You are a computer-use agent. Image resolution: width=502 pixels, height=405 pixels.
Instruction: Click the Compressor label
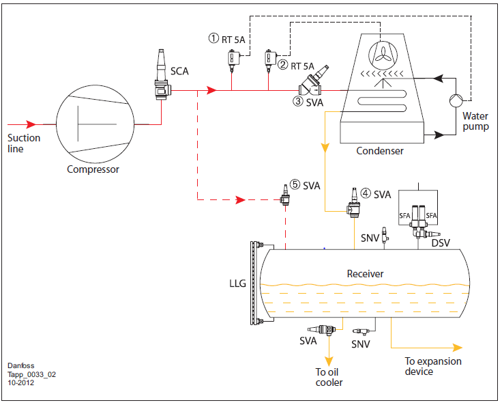[93, 169]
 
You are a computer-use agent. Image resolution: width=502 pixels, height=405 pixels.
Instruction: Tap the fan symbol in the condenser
[383, 55]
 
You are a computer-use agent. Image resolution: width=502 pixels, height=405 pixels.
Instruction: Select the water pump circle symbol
[456, 100]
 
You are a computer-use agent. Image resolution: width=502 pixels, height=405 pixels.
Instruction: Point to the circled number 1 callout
[213, 38]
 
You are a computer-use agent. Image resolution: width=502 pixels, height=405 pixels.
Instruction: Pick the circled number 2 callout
[282, 65]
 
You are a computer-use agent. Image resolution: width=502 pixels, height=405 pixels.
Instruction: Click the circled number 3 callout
[298, 101]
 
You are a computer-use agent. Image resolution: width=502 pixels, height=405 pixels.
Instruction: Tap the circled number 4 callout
[366, 193]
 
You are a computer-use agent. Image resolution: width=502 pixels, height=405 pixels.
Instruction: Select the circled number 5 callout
[295, 184]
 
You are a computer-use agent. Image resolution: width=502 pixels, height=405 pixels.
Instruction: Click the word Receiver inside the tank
[365, 274]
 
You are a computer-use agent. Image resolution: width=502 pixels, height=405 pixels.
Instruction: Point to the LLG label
[237, 283]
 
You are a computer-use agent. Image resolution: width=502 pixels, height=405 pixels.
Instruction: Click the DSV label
[441, 243]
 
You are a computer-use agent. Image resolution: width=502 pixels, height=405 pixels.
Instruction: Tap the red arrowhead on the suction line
[31, 124]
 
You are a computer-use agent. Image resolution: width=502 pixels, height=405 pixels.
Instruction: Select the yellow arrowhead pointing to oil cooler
[329, 361]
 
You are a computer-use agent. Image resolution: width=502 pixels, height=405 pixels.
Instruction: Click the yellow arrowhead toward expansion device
[457, 348]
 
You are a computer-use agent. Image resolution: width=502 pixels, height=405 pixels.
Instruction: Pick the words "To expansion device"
[433, 366]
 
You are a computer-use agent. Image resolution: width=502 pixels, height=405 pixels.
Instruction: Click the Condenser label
[380, 151]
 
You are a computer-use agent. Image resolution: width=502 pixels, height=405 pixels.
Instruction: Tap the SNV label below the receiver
[361, 344]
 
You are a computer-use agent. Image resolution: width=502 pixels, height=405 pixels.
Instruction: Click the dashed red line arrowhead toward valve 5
[240, 200]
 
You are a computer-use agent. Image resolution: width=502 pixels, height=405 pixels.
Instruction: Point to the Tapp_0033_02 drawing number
[31, 374]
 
